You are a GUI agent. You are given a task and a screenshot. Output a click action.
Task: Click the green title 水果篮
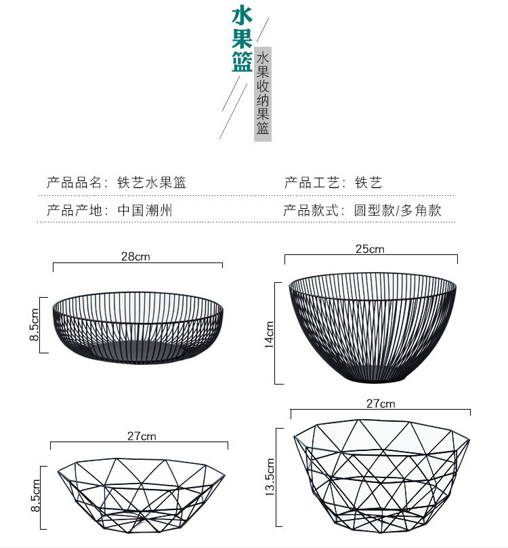(242, 39)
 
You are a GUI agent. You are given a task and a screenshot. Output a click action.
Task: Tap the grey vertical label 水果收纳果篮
(263, 94)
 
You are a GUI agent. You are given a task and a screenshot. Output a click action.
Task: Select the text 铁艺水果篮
(152, 182)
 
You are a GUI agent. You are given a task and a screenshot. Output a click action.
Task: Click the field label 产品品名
(73, 182)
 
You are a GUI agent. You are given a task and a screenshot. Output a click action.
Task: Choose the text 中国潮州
(145, 210)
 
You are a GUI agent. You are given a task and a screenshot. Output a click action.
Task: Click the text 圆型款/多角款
(398, 210)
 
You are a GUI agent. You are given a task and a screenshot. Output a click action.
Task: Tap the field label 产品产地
(73, 210)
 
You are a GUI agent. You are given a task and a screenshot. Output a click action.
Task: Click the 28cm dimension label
(135, 256)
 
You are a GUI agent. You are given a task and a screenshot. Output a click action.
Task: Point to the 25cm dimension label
(370, 249)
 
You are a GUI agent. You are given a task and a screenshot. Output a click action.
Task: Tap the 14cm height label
(270, 334)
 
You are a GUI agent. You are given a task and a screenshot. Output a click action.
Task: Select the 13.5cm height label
(270, 477)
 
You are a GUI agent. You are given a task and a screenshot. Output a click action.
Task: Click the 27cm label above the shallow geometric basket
(141, 436)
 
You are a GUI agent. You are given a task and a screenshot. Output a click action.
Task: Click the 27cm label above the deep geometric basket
(381, 404)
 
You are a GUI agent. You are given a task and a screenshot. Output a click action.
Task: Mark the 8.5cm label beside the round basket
(35, 325)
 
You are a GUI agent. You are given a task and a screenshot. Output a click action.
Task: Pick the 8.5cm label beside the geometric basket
(35, 496)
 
